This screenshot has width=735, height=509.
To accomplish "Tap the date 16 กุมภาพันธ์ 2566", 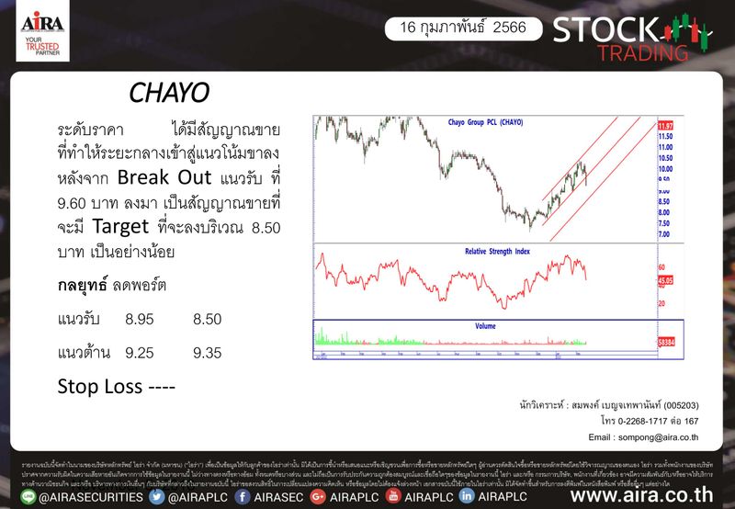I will point(463,28).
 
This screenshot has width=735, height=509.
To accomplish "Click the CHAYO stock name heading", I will point(170,93).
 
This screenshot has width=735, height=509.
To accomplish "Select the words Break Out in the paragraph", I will point(169,176).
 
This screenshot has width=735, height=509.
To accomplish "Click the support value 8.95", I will point(140,319).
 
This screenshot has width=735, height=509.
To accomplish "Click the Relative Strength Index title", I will point(485,250).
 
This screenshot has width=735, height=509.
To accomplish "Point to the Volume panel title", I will point(485,326).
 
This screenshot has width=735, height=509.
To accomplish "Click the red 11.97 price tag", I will point(666,125).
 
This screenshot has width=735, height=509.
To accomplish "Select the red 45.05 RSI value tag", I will point(666,280).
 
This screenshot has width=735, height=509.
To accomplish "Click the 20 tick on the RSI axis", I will point(661,303).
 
